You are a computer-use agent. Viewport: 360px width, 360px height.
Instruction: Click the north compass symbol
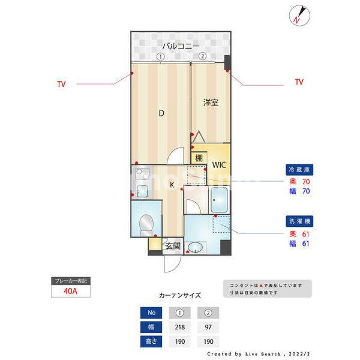[x=298, y=16]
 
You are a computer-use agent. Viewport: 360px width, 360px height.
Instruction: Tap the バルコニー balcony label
[x=179, y=46]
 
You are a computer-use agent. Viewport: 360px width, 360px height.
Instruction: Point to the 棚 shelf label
[x=198, y=159]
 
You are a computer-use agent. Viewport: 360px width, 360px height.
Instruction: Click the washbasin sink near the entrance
[x=196, y=247]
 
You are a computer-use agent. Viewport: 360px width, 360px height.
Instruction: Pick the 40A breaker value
[x=71, y=292]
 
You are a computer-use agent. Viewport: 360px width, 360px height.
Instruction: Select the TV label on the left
[x=61, y=83]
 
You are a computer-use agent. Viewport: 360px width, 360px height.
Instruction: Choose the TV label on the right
[x=299, y=82]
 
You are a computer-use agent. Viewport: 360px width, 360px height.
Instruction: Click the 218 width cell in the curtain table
[x=179, y=326]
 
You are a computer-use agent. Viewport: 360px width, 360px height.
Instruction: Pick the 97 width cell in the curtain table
[x=208, y=326]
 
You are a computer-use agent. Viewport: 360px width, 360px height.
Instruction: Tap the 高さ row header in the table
[x=151, y=341]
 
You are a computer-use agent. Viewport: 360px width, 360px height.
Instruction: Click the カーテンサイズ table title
[x=180, y=295]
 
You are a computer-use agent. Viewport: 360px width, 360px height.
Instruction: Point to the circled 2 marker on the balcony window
[x=202, y=56]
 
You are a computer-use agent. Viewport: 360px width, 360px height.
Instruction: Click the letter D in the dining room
[x=161, y=113]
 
